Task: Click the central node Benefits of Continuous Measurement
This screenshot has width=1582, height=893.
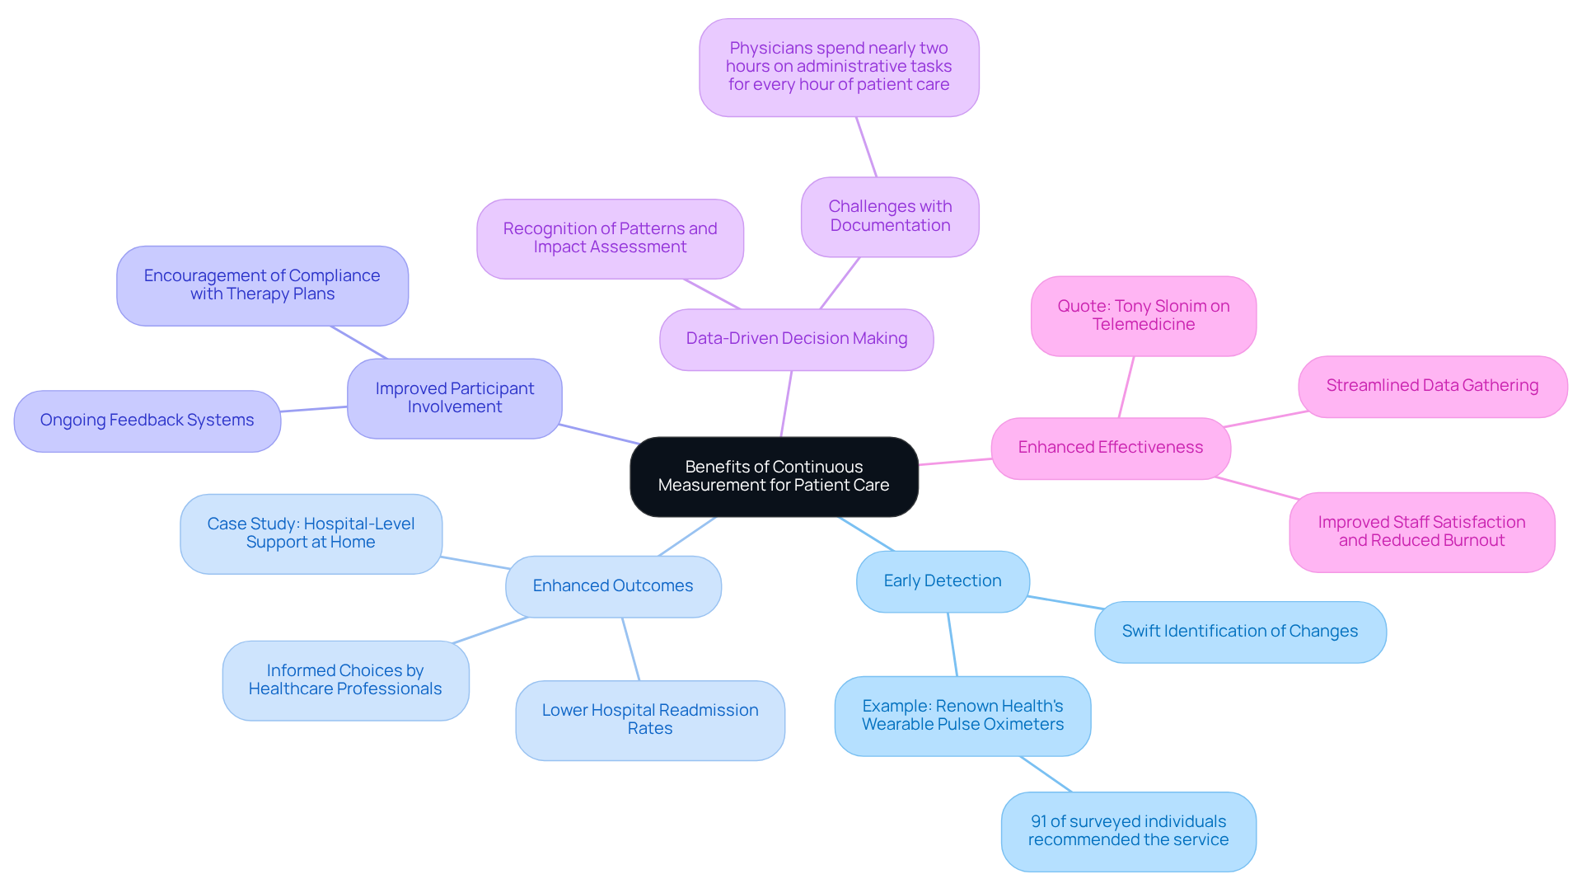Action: [774, 477]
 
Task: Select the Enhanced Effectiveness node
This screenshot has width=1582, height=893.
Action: [1110, 448]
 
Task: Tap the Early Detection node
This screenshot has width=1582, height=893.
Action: [943, 581]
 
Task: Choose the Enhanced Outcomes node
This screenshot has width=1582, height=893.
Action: [612, 586]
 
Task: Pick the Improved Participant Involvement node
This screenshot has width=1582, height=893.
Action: [454, 398]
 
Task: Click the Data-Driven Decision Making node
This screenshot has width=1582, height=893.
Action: [796, 339]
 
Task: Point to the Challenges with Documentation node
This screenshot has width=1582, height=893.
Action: [890, 216]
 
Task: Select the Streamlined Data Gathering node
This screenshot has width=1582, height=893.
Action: [1432, 386]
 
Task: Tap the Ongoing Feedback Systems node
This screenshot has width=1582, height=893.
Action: [147, 421]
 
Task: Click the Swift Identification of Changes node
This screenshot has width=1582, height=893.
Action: [1239, 632]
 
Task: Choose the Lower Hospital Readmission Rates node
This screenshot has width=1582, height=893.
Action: [649, 720]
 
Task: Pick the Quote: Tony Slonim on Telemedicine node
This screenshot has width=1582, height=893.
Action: [1143, 316]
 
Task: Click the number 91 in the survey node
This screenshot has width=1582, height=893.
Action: [1038, 822]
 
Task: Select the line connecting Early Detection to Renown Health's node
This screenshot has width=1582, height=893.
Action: [952, 644]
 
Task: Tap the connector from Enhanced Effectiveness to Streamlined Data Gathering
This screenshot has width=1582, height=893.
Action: [1265, 419]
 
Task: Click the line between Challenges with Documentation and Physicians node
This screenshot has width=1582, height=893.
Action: [866, 147]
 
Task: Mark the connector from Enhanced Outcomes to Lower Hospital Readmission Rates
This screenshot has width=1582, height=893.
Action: [631, 649]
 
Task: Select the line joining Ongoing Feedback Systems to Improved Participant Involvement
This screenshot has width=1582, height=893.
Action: [313, 409]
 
